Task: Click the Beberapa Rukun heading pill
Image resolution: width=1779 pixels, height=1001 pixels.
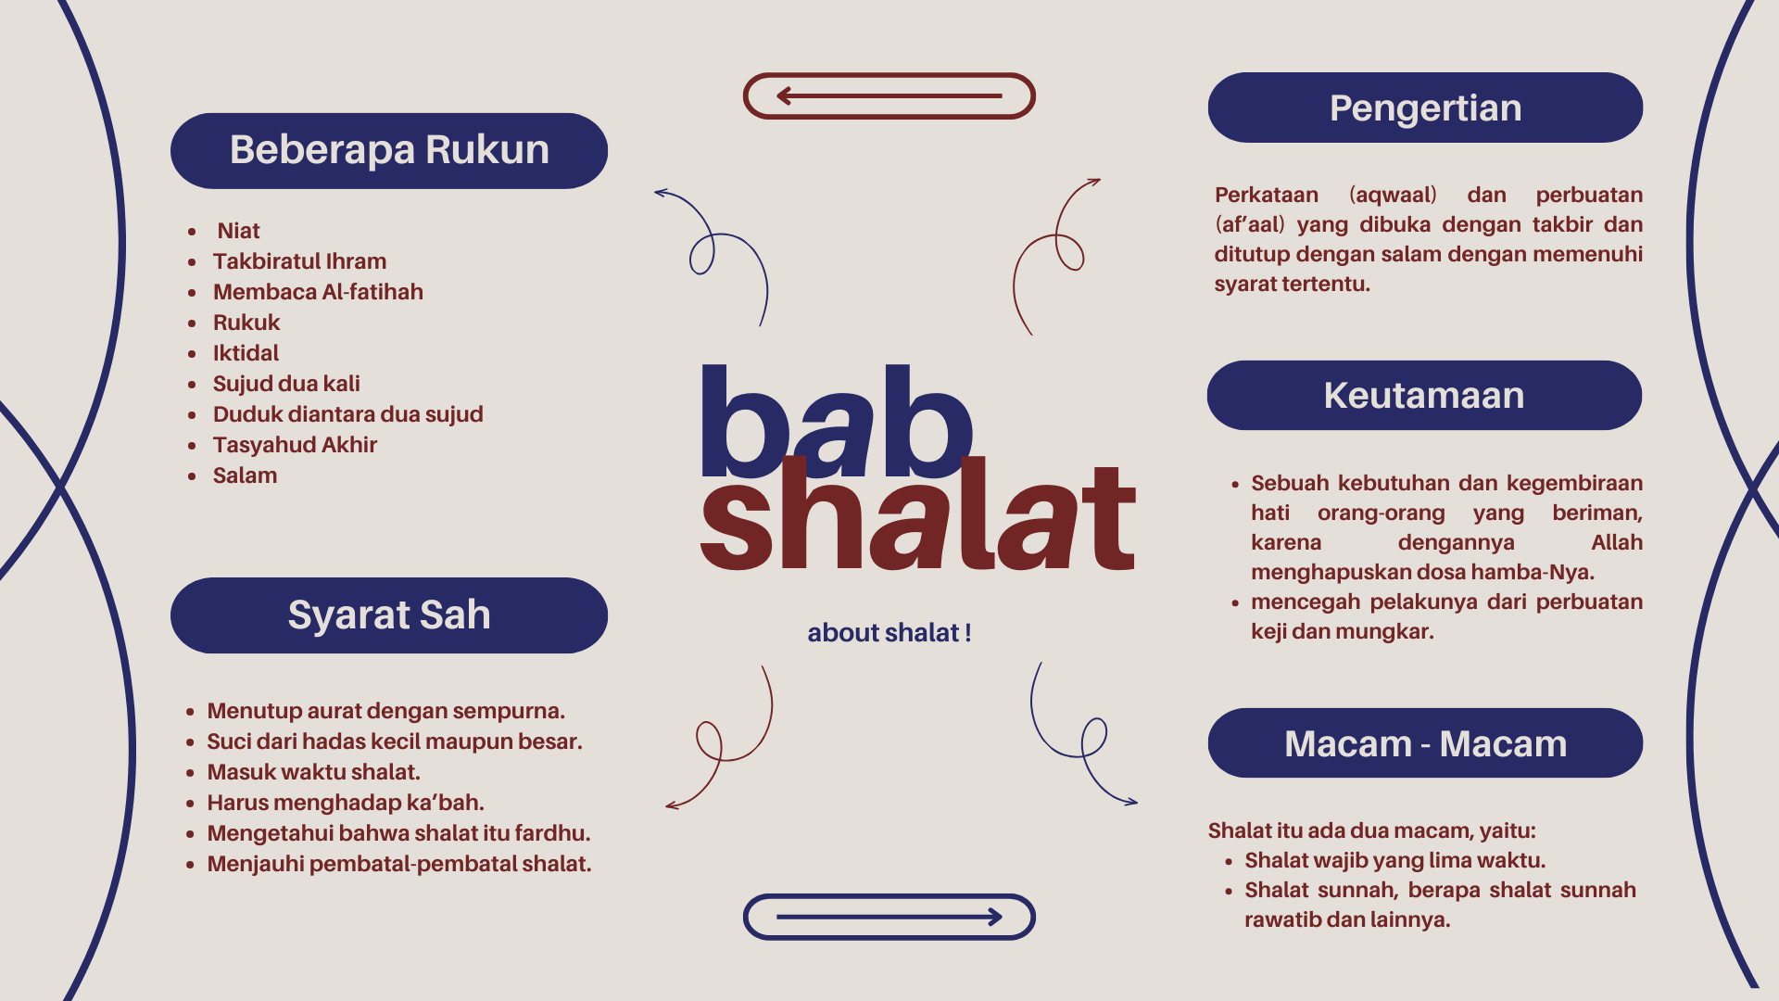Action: click(x=389, y=151)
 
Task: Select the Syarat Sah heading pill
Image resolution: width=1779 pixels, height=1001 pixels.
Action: click(x=389, y=615)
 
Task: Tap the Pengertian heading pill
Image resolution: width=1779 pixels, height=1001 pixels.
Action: click(x=1425, y=108)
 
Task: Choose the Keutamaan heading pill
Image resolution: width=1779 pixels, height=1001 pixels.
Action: click(x=1424, y=395)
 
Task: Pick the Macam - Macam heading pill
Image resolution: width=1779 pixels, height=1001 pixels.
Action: click(x=1425, y=743)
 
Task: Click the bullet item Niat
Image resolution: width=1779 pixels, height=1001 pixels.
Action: click(x=238, y=231)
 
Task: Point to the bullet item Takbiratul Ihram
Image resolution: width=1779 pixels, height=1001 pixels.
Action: click(x=299, y=261)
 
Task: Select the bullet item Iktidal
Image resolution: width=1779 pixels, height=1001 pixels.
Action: click(x=246, y=353)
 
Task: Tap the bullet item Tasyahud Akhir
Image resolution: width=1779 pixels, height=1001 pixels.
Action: click(x=295, y=445)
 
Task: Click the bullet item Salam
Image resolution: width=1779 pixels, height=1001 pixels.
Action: click(x=245, y=475)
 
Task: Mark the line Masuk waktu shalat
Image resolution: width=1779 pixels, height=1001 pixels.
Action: click(x=313, y=772)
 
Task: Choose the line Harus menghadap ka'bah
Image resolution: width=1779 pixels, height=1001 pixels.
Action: click(x=346, y=803)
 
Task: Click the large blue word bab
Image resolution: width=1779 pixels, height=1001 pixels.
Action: click(x=837, y=422)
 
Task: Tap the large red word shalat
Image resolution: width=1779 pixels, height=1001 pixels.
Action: click(x=918, y=514)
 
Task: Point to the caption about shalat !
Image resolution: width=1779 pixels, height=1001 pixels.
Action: click(x=889, y=633)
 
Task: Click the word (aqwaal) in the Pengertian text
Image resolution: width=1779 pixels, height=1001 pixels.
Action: click(x=1393, y=195)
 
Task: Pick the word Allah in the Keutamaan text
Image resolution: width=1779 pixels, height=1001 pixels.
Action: click(x=1617, y=542)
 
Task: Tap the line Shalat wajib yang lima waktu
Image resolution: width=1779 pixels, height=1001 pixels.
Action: click(x=1394, y=860)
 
